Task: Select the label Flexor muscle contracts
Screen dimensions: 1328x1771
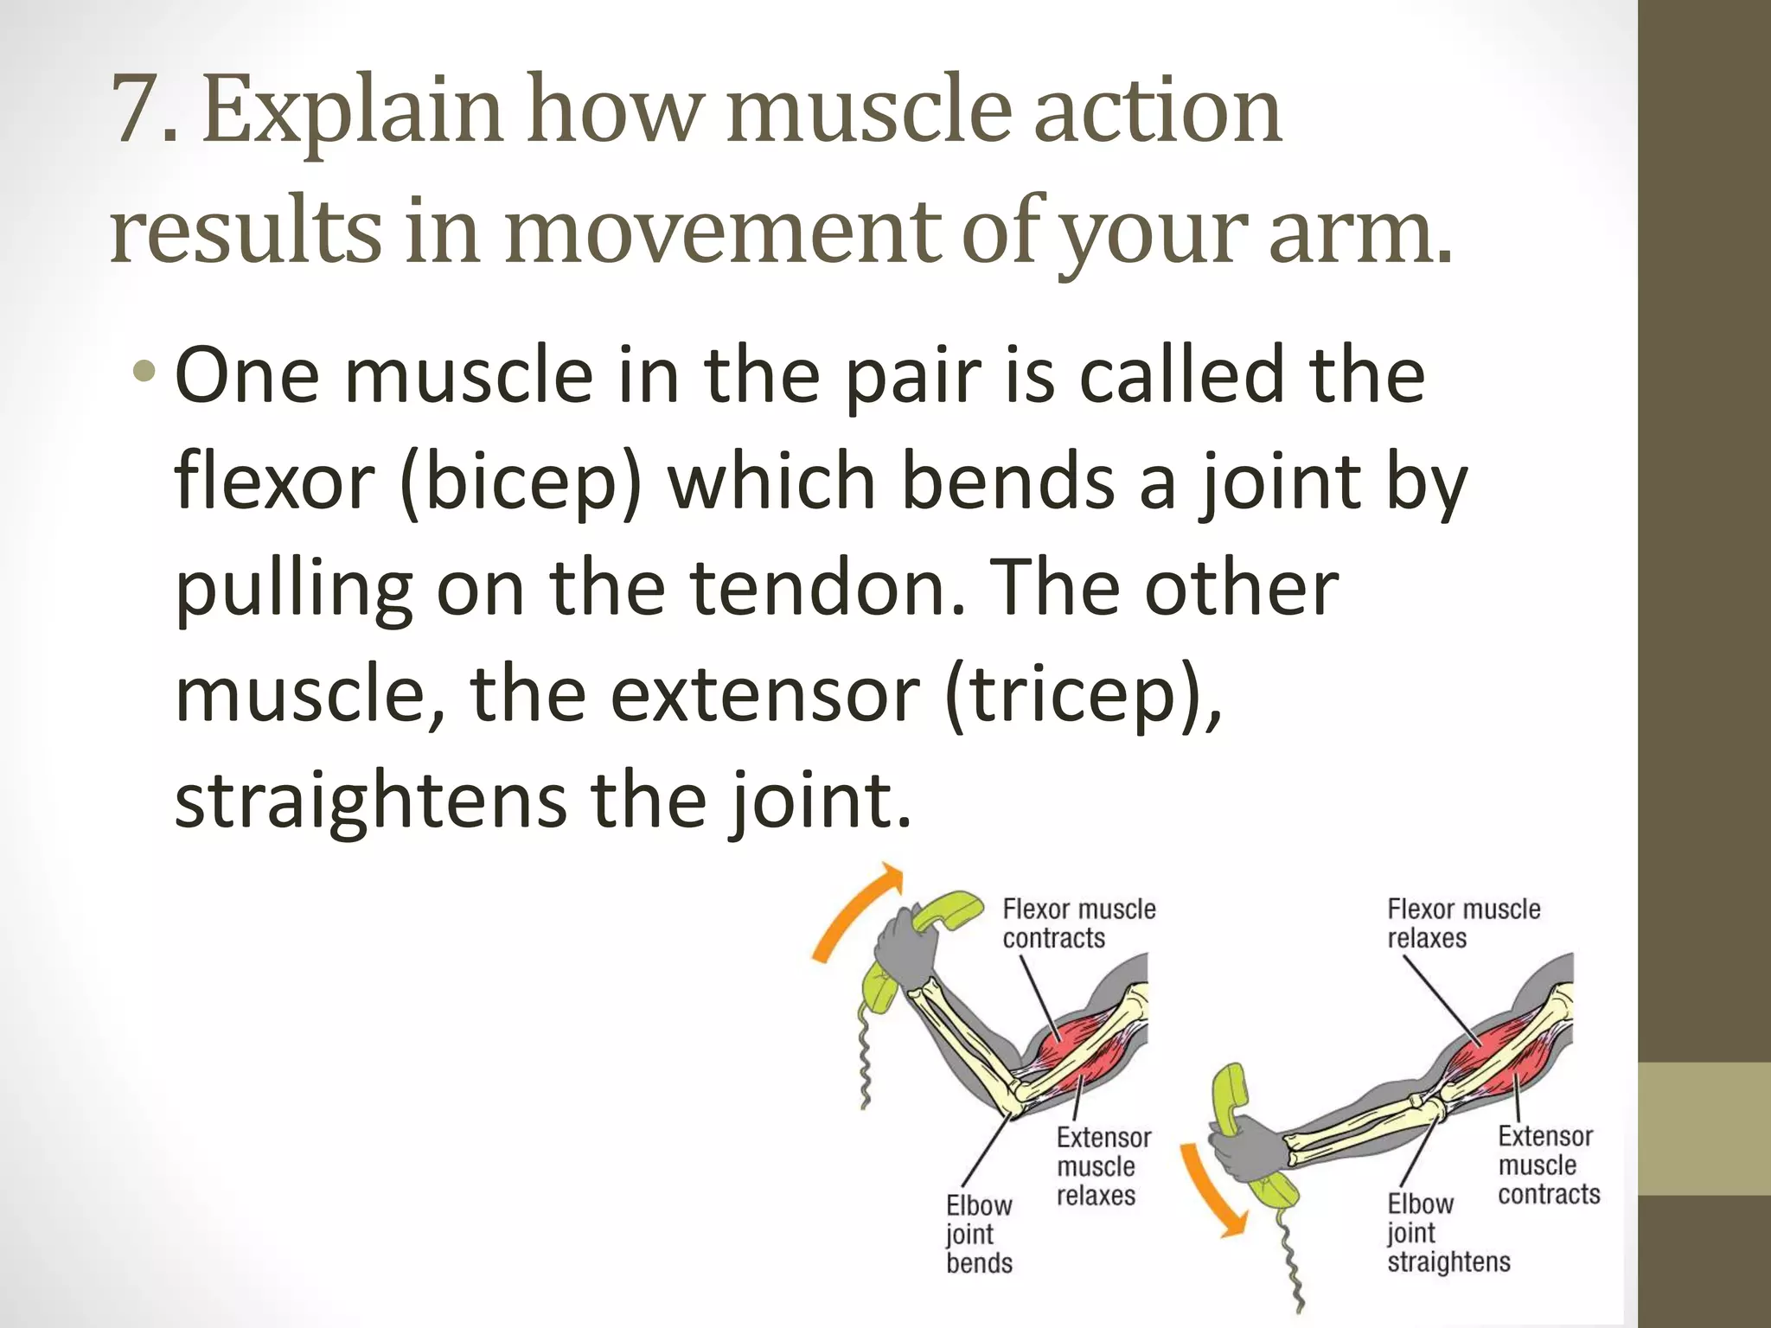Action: pos(1077,923)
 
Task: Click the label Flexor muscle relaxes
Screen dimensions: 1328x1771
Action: pos(1463,923)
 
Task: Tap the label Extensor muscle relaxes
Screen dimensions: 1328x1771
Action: pos(1102,1166)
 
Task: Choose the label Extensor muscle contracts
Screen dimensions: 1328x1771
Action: pos(1548,1165)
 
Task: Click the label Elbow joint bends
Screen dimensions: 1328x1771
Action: pos(978,1234)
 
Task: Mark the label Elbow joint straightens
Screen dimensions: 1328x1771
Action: pos(1448,1232)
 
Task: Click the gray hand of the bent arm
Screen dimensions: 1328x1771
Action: pos(904,952)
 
